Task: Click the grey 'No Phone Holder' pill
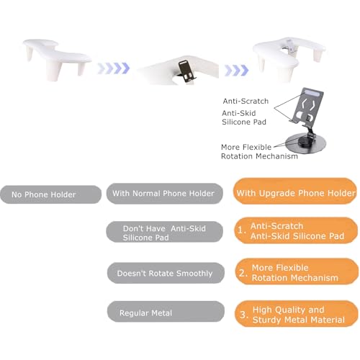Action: click(x=50, y=194)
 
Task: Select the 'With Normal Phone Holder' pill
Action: click(x=164, y=194)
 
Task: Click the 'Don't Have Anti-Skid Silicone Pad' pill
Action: click(x=164, y=232)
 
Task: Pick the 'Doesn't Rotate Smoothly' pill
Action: click(x=166, y=273)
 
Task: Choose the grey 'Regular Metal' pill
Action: click(x=166, y=312)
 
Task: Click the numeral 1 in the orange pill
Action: click(x=241, y=230)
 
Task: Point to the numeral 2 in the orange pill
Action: click(x=243, y=273)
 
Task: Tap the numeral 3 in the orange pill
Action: click(x=244, y=315)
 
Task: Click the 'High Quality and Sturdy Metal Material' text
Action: click(x=299, y=315)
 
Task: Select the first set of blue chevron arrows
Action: click(x=114, y=68)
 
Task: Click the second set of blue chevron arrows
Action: click(x=236, y=71)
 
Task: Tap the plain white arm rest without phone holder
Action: click(x=57, y=58)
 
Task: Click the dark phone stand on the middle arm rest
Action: click(x=187, y=72)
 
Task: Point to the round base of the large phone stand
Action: click(x=305, y=144)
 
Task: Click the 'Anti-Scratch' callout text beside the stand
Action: click(x=246, y=101)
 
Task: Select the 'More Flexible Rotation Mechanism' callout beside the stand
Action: click(x=259, y=152)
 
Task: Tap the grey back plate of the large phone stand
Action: click(x=308, y=105)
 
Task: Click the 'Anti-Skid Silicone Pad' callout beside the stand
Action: click(x=244, y=117)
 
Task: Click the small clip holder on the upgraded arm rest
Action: click(x=290, y=46)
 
